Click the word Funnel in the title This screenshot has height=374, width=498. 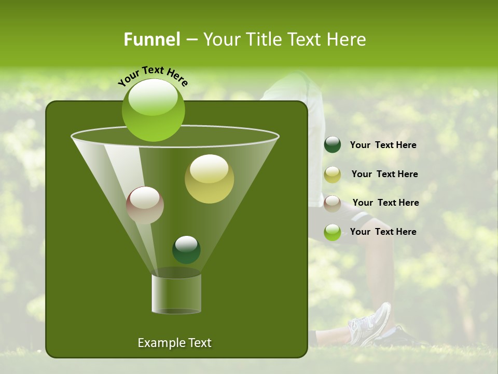(152, 39)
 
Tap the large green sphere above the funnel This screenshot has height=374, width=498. (154, 110)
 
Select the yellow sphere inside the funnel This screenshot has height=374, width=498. (209, 179)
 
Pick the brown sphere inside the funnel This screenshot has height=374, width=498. (145, 205)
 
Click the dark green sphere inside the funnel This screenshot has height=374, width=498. (186, 249)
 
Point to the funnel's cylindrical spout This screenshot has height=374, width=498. (176, 293)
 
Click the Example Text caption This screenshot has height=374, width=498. (174, 343)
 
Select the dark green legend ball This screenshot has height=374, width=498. (333, 145)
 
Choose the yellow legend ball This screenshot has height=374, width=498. (333, 175)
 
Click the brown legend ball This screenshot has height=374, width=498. (333, 203)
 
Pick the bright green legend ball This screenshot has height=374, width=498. (333, 232)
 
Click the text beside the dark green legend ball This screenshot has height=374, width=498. (383, 145)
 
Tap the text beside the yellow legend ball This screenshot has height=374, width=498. (384, 175)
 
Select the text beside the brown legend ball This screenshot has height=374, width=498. (385, 203)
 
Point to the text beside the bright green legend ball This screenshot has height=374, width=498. (383, 232)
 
